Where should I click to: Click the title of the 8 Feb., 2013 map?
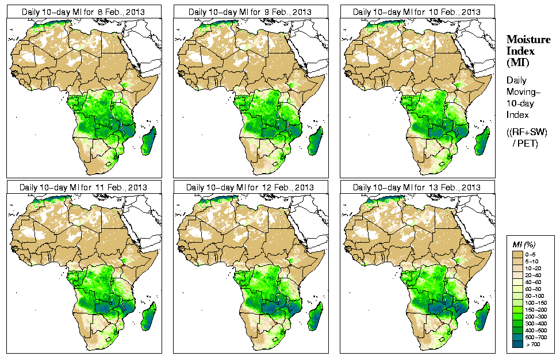[x=84, y=12]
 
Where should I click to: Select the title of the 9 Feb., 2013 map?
[x=251, y=12]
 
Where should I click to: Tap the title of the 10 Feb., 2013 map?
[x=417, y=12]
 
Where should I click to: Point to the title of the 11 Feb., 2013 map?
[x=84, y=187]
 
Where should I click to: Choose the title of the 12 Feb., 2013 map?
[x=251, y=187]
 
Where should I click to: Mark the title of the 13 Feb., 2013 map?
[x=417, y=187]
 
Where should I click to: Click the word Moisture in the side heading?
[x=526, y=39]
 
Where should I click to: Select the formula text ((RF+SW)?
[x=527, y=132]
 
